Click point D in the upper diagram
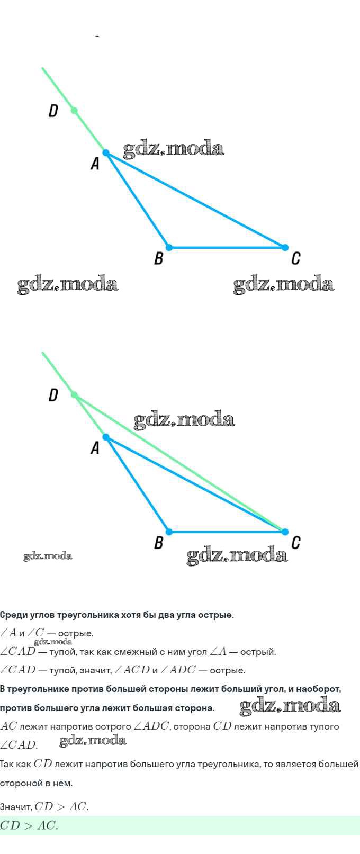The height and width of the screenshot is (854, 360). tap(74, 111)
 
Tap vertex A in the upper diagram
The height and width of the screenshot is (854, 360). tap(106, 153)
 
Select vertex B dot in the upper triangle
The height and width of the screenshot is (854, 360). tap(169, 247)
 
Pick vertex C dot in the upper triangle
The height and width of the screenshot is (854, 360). tap(285, 247)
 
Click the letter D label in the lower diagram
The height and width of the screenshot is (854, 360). tap(53, 395)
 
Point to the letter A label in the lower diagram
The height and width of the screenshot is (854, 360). tap(95, 447)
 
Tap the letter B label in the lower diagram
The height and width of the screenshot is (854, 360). tap(159, 542)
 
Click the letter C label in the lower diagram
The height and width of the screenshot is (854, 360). tap(296, 542)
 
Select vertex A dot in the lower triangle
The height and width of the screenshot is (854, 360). tap(106, 437)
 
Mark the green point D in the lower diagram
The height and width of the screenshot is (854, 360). tap(74, 395)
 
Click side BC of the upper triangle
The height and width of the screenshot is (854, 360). tap(227, 247)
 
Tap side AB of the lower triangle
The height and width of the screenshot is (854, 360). tap(137, 484)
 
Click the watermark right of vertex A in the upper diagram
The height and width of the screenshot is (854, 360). tap(174, 149)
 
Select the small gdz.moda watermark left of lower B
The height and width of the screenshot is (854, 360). tap(48, 556)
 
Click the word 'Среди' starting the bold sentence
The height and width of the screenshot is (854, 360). tap(14, 615)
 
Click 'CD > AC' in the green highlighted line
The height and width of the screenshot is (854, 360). tap(29, 825)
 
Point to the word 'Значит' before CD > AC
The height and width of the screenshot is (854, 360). tap(16, 807)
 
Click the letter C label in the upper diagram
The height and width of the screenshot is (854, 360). tap(296, 258)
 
